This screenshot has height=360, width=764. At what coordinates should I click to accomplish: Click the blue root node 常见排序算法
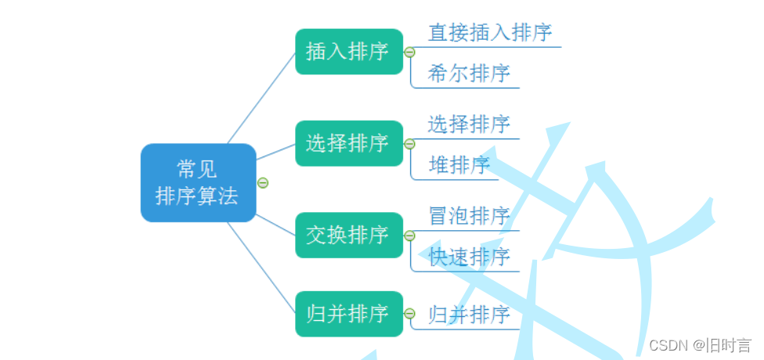coord(198,182)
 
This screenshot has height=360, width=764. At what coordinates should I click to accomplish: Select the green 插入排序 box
coord(348,52)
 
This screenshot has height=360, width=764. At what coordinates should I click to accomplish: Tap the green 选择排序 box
coord(348,143)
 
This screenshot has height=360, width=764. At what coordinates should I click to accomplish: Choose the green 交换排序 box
coord(348,235)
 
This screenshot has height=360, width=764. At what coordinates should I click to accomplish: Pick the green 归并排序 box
coord(348,314)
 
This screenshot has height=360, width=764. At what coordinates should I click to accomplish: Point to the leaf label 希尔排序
coord(469,74)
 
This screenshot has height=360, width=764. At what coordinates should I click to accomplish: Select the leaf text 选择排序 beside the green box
coord(469,124)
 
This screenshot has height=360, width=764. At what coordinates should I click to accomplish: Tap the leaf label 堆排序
coord(459,165)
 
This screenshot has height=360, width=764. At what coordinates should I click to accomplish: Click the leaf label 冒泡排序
coord(469,215)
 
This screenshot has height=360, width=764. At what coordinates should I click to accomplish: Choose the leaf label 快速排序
coord(469,257)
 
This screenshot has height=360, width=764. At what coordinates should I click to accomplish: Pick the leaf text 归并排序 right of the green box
coord(469,315)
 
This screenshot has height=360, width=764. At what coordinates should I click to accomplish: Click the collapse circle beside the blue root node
coord(263,182)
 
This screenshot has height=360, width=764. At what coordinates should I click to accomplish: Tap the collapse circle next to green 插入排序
coord(409,52)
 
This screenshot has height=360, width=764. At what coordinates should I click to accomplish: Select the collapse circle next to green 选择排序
coord(409,144)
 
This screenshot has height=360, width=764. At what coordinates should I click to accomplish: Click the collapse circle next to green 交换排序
coord(409,236)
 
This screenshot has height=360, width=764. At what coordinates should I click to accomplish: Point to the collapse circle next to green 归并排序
coord(409,314)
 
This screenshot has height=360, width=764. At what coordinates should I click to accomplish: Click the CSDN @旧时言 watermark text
coord(700,345)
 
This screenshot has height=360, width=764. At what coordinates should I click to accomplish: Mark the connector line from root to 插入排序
coord(261,97)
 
